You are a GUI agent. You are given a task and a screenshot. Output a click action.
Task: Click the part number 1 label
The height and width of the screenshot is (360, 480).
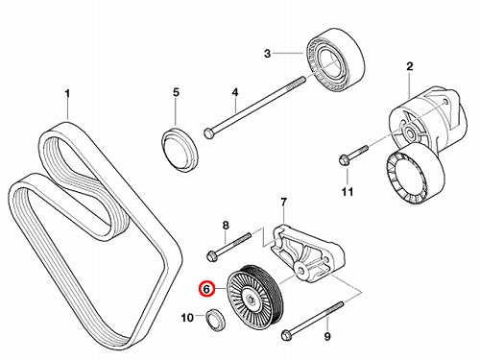(x=67, y=94)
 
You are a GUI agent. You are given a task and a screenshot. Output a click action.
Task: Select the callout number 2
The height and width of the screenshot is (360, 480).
(x=410, y=66)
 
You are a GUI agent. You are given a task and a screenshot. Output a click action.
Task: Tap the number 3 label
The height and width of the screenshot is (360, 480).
(x=267, y=54)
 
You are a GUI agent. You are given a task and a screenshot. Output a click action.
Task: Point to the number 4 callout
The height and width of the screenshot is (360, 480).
(x=235, y=93)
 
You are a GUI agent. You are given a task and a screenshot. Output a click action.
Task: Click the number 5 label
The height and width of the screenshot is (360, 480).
(x=176, y=93)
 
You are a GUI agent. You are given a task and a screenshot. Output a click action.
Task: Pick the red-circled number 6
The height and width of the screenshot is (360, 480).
(x=206, y=290)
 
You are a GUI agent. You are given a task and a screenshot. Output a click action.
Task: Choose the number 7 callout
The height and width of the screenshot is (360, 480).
(x=283, y=203)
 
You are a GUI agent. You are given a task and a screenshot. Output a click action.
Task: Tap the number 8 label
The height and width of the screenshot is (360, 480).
(x=226, y=226)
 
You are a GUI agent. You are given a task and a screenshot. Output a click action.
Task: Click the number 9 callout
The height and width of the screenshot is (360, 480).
(x=327, y=336)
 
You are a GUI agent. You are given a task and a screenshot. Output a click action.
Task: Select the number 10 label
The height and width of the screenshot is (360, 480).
(x=187, y=318)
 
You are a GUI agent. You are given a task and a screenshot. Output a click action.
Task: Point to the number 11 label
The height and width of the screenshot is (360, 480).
(x=347, y=192)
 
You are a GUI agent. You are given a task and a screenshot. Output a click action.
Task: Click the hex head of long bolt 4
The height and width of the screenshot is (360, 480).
(x=208, y=132)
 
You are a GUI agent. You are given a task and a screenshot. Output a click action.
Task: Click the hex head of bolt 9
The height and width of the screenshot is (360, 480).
(x=286, y=335)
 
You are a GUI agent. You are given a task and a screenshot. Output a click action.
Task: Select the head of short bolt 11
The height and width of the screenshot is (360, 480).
(x=344, y=159)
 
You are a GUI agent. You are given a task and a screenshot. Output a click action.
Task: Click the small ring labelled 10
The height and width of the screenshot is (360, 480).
(x=216, y=320)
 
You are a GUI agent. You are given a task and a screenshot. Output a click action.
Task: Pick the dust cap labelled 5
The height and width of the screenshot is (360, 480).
(x=180, y=150)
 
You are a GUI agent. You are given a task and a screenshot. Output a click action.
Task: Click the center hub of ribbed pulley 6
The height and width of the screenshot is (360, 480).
(x=251, y=300)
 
